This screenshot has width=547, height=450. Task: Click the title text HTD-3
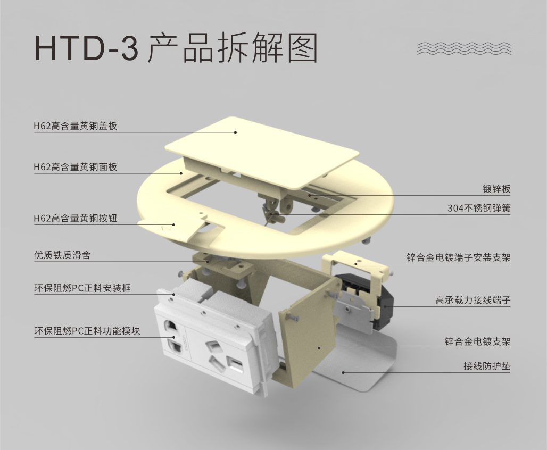click(x=87, y=48)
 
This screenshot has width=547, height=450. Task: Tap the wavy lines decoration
click(x=465, y=48)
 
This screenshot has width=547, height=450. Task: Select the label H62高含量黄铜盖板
click(x=76, y=126)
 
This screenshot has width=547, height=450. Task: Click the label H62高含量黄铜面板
click(x=76, y=167)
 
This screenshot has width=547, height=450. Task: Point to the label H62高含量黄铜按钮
click(x=76, y=219)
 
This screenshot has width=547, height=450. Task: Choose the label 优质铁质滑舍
click(x=62, y=255)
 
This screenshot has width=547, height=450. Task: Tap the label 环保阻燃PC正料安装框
click(x=82, y=288)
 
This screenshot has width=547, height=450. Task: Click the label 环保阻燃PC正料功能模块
click(x=87, y=331)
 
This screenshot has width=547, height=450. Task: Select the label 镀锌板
click(x=496, y=189)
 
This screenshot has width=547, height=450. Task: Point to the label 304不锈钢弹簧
click(x=479, y=209)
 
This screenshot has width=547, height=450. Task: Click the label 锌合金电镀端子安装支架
click(x=458, y=258)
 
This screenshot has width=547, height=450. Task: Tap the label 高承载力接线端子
click(x=473, y=300)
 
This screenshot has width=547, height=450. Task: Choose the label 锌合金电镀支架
click(x=478, y=341)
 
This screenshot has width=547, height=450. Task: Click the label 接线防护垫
click(x=487, y=366)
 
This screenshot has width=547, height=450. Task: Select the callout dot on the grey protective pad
click(x=343, y=372)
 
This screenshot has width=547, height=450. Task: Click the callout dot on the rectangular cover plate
click(x=236, y=132)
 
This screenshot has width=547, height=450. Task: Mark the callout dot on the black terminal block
click(x=385, y=306)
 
